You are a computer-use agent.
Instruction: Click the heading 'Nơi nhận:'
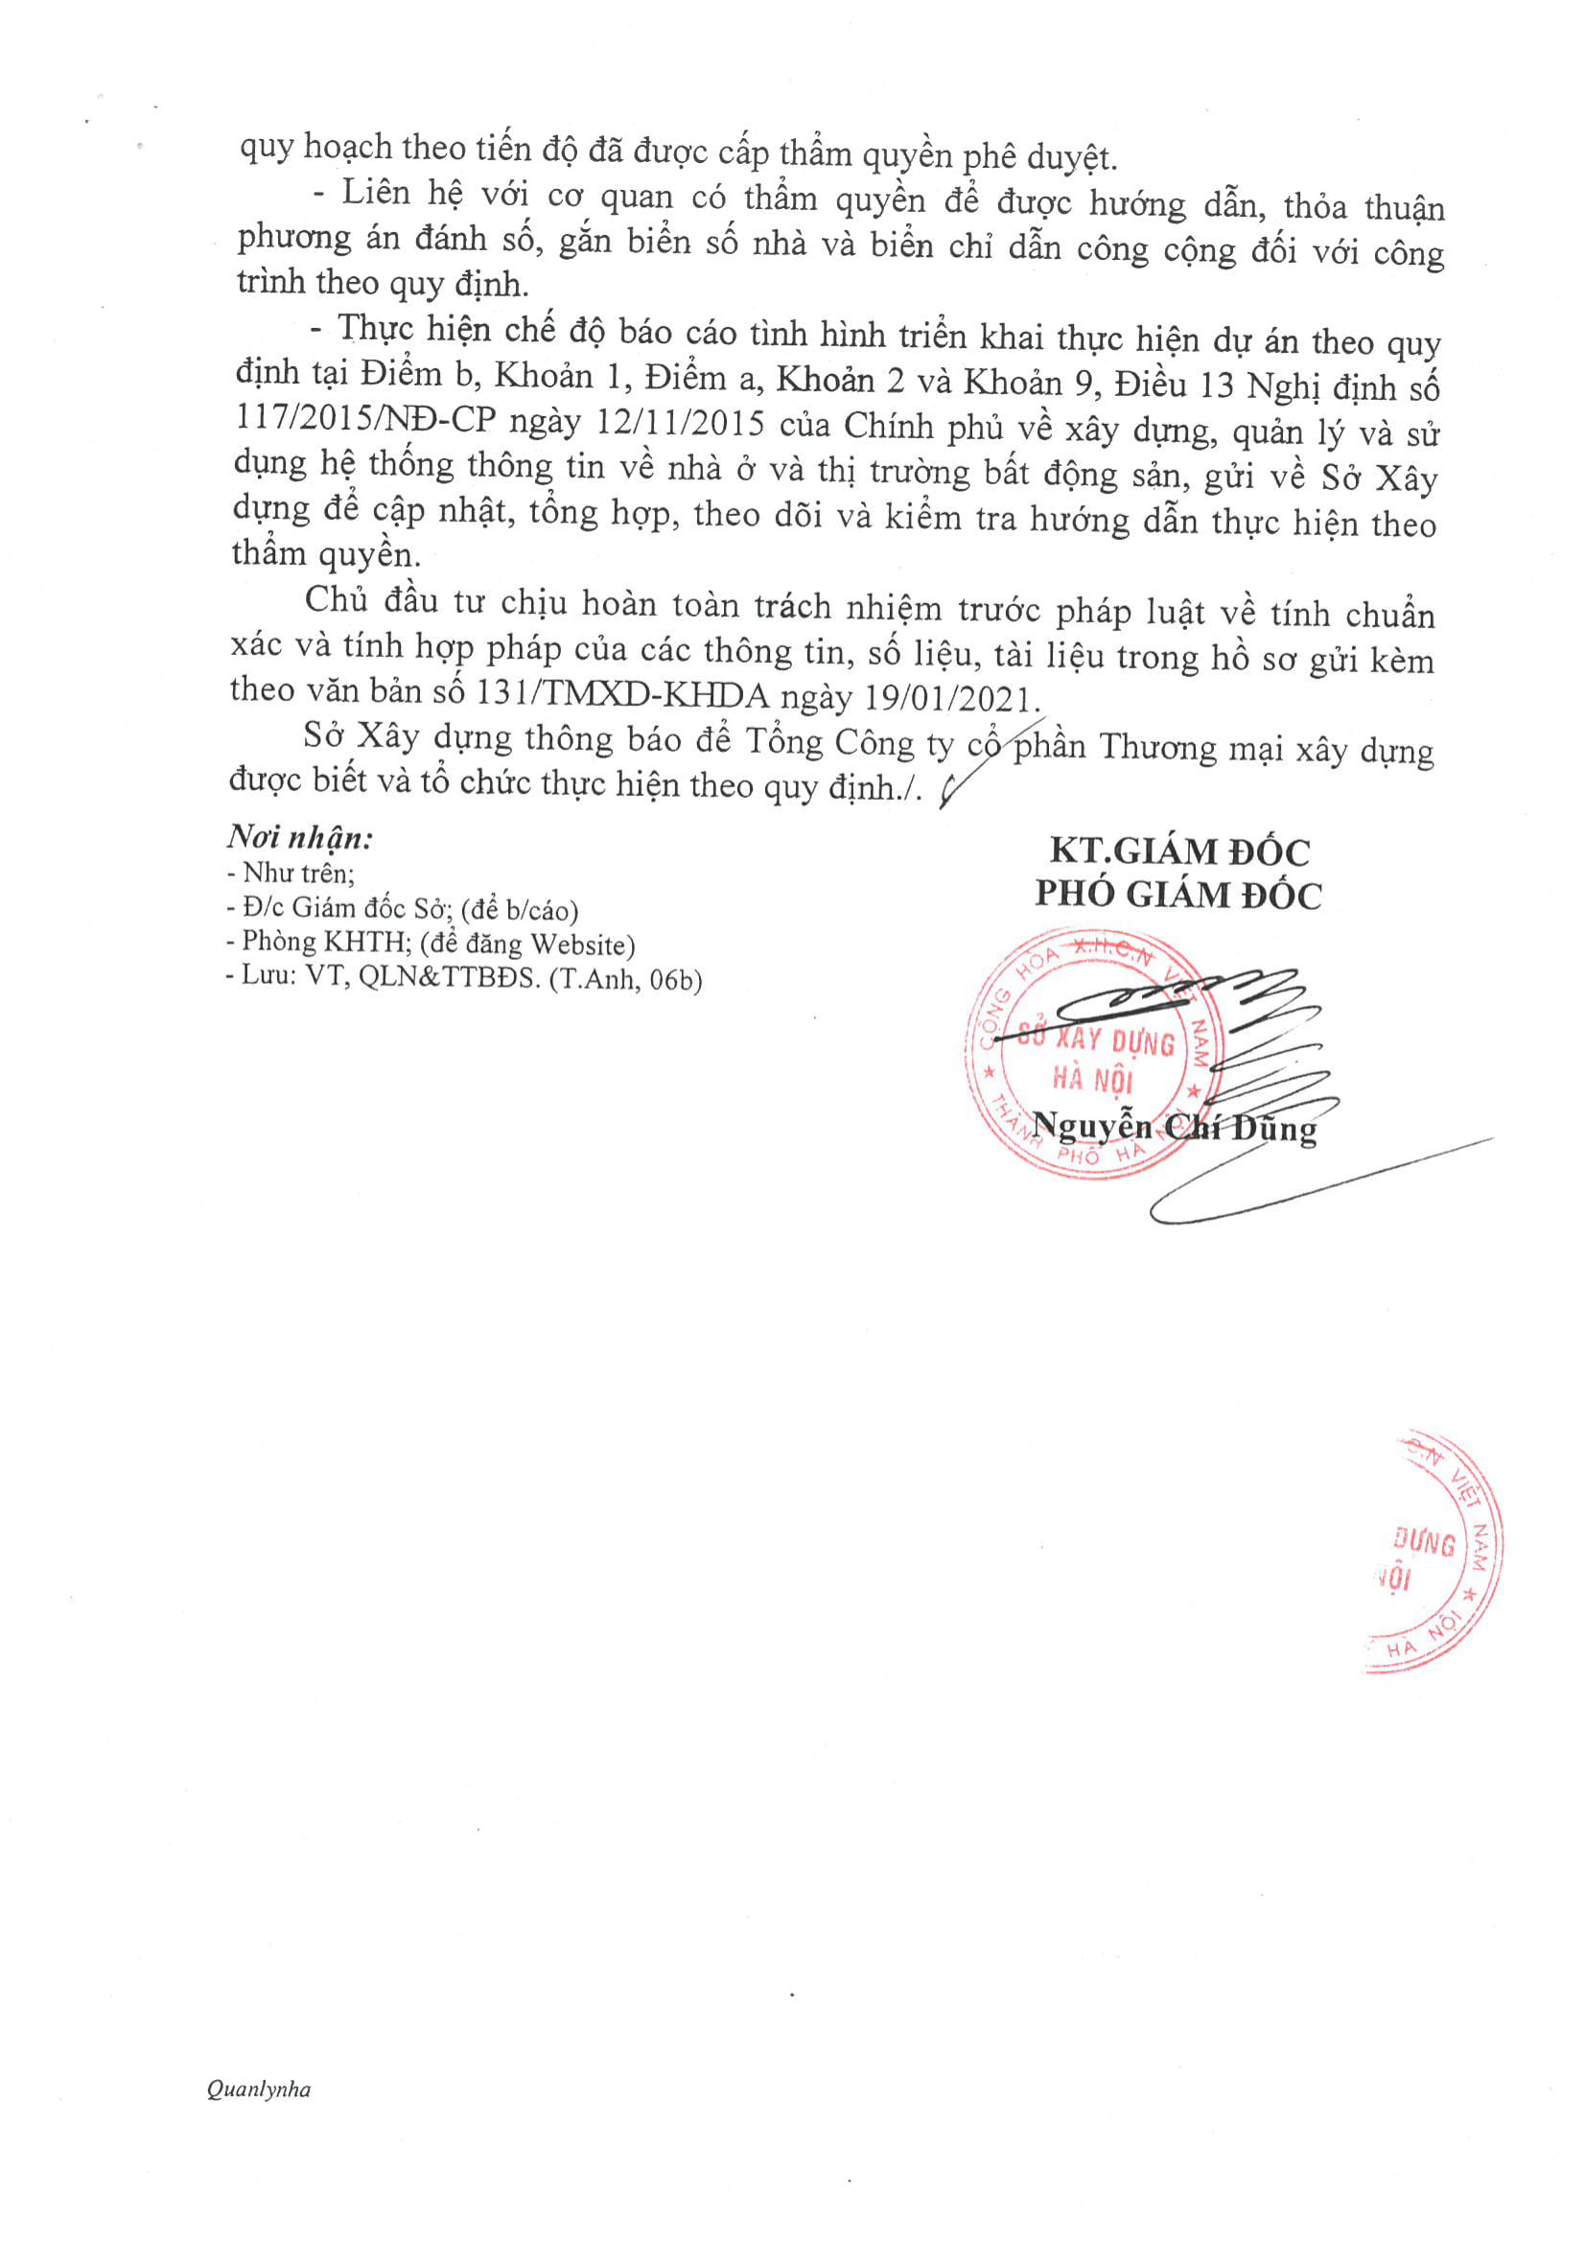pyautogui.click(x=299, y=837)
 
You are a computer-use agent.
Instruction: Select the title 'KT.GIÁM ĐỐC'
pyautogui.click(x=1179, y=852)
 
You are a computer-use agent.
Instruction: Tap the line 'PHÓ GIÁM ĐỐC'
pyautogui.click(x=1178, y=895)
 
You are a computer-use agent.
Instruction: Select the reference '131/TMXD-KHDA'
pyautogui.click(x=621, y=694)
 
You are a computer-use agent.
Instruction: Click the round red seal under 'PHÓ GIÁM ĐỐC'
pyautogui.click(x=1093, y=1054)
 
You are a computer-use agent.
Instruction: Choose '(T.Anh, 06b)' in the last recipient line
pyautogui.click(x=624, y=979)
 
